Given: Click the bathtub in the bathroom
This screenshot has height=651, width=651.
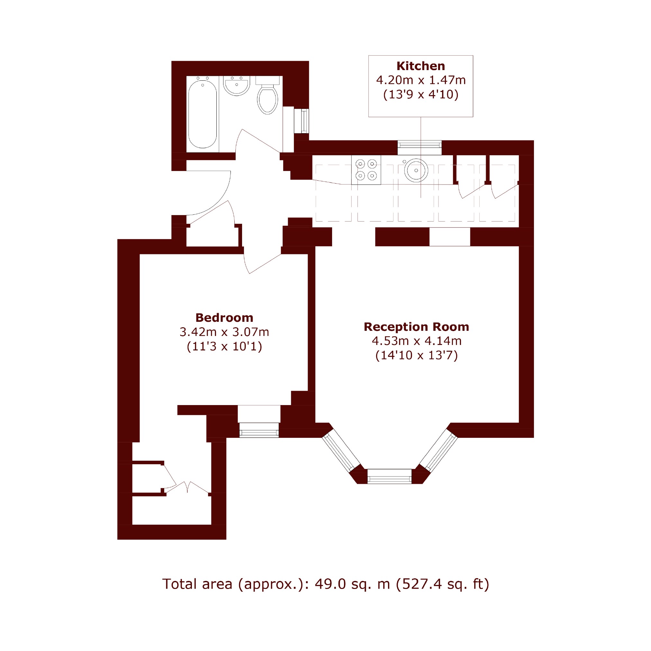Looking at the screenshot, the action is tap(202, 113).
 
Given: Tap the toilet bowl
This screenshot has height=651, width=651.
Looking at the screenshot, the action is tap(267, 99).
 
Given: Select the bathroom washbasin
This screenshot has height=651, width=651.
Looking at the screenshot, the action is tap(237, 86).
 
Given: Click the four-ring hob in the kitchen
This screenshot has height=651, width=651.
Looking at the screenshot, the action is tap(366, 170).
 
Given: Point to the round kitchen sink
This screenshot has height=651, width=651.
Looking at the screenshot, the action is tap(416, 170).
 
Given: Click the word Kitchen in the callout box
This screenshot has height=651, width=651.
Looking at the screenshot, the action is tap(420, 66).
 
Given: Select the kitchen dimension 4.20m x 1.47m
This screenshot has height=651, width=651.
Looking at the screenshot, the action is tap(421, 80).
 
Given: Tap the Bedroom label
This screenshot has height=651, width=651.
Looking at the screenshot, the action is tap(224, 318).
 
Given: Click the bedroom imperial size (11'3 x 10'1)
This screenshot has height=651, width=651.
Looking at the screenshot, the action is tap(224, 346).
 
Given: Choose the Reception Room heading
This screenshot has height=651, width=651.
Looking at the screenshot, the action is tap(416, 327).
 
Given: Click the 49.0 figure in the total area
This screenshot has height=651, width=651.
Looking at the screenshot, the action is tap(330, 584).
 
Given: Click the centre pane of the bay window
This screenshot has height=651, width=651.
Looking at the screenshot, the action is tap(390, 476).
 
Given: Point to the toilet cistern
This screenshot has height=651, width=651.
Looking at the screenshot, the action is tap(267, 80).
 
